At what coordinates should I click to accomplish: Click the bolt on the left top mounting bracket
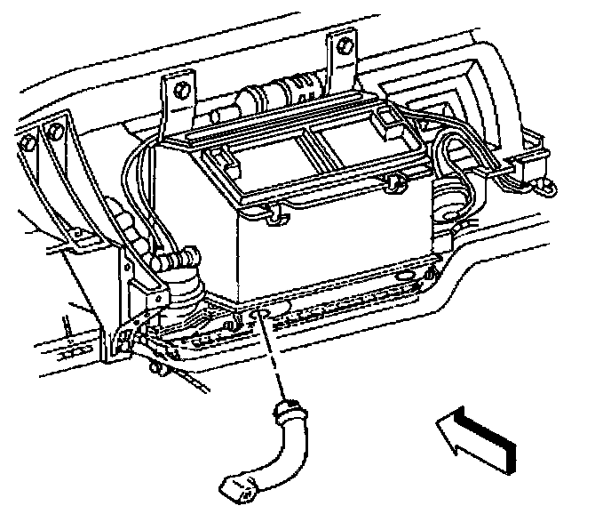click(178, 90)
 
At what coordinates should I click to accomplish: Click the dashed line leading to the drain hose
click(274, 359)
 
